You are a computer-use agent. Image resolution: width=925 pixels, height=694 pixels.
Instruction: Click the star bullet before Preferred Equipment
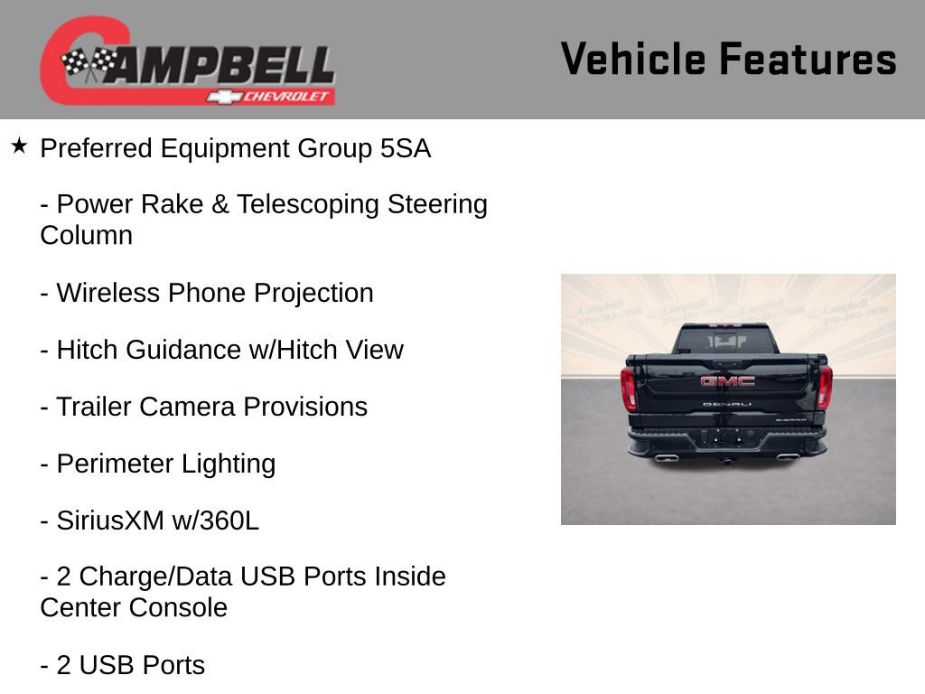(20, 145)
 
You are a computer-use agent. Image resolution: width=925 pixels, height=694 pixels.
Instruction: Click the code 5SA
(406, 148)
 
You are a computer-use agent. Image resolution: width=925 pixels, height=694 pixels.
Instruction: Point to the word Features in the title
(808, 60)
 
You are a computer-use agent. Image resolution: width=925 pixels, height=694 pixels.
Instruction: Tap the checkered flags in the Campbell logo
(89, 64)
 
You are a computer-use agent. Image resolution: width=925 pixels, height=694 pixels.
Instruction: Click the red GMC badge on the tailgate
(727, 380)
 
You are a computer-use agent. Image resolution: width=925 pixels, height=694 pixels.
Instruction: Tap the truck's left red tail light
(629, 389)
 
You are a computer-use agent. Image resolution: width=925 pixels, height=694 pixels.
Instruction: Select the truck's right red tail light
(824, 387)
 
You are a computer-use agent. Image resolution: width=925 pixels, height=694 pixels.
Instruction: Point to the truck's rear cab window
(724, 340)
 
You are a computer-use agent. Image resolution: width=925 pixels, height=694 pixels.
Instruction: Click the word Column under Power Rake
(86, 235)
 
